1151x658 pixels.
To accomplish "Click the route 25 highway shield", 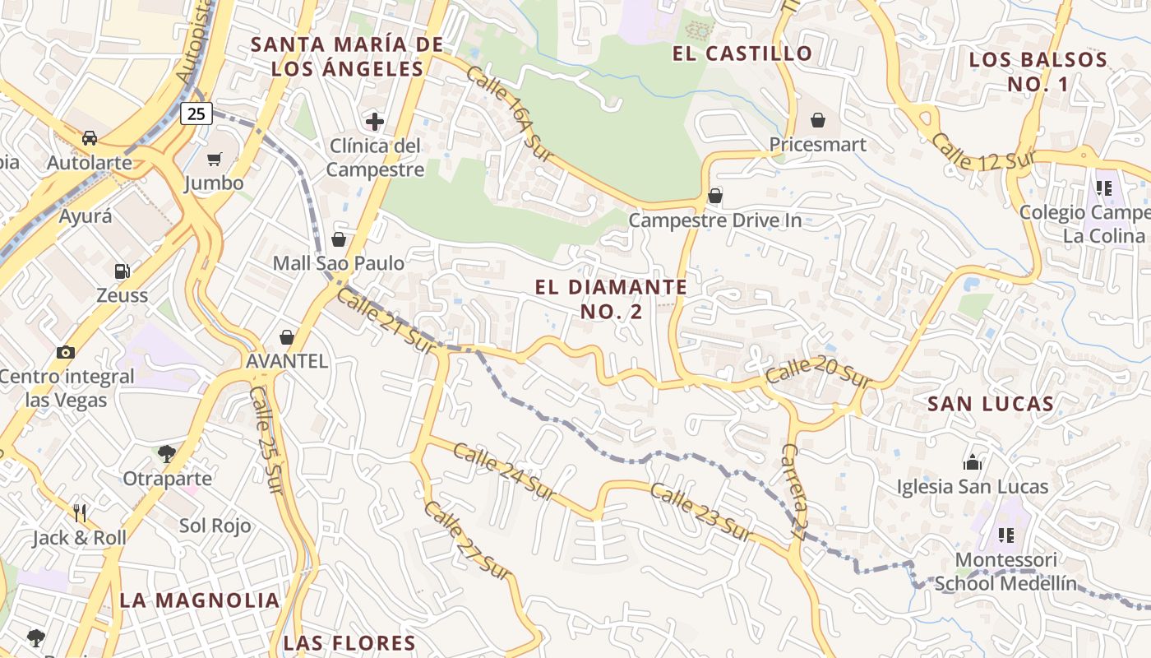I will point(196,114).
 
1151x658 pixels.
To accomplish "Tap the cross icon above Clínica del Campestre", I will point(375,122).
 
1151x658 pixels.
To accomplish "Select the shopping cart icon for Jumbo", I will point(215,159).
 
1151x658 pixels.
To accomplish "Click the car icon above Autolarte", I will point(90,137).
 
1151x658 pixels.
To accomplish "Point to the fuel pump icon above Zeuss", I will point(122,271).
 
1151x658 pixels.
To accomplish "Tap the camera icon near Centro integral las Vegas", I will point(66,352).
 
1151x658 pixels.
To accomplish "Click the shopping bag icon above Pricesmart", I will point(817,120).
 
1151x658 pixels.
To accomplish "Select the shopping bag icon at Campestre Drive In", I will point(715,196).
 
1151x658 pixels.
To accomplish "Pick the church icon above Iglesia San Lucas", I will point(973,461).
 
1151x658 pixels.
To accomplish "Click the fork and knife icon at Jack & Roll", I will point(80,513).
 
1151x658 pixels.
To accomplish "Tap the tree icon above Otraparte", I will point(167,453).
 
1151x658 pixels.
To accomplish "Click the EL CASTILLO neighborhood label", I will point(742,54).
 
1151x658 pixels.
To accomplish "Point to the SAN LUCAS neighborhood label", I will point(990,404).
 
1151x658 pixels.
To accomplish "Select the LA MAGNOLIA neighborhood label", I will point(200,600).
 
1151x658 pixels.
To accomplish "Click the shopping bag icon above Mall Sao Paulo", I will point(338,239).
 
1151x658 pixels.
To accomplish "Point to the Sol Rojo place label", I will point(215,526).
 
